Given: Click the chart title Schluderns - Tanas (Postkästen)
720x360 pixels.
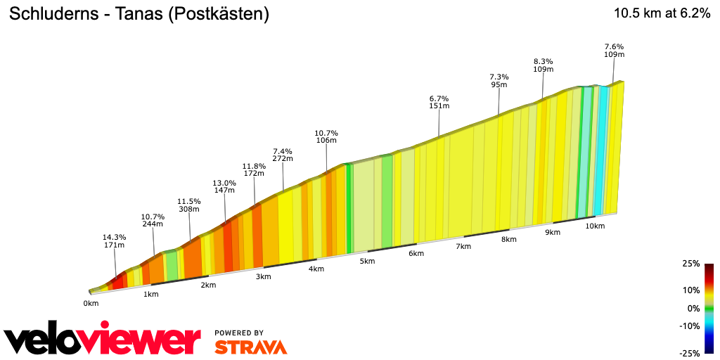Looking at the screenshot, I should [x=139, y=14].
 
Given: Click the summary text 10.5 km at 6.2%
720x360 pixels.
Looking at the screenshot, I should [x=662, y=13].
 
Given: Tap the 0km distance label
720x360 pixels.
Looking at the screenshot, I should [x=91, y=304].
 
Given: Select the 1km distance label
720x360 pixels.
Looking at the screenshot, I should [x=150, y=294].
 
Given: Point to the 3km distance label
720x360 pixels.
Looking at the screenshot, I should [x=264, y=276].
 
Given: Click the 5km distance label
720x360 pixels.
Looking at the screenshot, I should [x=367, y=261].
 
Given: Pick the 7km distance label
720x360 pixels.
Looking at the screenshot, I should [x=463, y=246].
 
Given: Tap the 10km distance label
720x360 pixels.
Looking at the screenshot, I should [x=595, y=226].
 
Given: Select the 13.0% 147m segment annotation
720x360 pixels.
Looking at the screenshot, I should [x=224, y=186].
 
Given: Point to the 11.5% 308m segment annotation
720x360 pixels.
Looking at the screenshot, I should [x=189, y=205].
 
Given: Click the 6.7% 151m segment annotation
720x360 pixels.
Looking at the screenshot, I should [x=439, y=102].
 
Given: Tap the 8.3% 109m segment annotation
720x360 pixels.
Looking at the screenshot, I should [x=543, y=65].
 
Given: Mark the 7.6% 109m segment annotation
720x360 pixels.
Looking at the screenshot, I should [x=614, y=51].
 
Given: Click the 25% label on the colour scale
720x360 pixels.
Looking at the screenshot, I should [x=691, y=264].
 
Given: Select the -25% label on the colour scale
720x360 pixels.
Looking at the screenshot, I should [x=690, y=353].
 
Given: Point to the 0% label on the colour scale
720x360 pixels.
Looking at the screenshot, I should [x=693, y=308].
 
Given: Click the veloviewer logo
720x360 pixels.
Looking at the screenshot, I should [x=103, y=340].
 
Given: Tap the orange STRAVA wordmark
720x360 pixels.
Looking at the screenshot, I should [x=250, y=347].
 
